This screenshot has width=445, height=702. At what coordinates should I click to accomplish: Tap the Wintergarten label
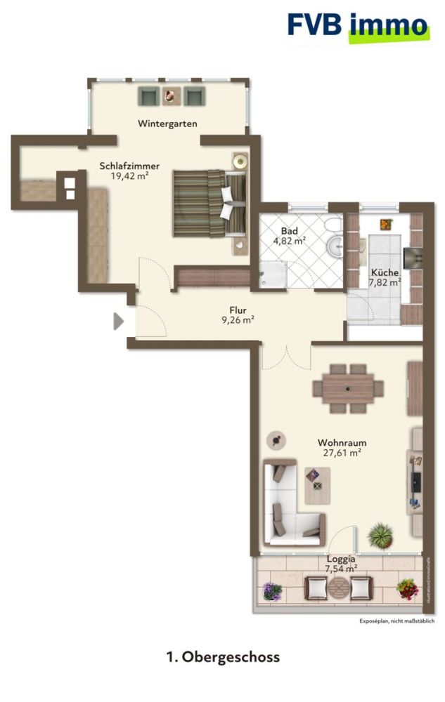[x=167, y=124]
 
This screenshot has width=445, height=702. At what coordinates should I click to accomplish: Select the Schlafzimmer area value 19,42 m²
[x=129, y=176]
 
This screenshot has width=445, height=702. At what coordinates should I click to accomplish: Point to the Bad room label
[x=289, y=231]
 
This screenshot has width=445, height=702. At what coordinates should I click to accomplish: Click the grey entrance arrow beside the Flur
[x=119, y=322]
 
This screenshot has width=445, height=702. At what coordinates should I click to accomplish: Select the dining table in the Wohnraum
[x=348, y=388]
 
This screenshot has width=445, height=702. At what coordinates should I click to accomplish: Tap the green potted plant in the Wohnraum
[x=380, y=536]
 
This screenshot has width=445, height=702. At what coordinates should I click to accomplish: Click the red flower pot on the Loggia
[x=406, y=588]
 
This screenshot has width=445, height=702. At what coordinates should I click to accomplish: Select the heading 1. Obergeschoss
[x=223, y=657]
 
